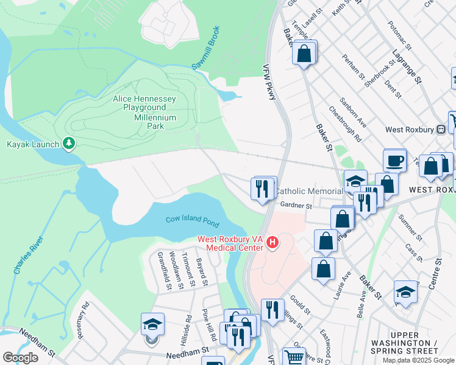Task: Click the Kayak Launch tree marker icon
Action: pos(69,144)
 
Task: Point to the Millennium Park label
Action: pos(155,122)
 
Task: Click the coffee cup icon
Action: pos(395,160)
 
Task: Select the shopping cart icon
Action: pos(294,358)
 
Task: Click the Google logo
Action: pos(20,358)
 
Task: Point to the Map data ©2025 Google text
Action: pos(418,360)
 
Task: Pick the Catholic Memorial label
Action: pos(308,191)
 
